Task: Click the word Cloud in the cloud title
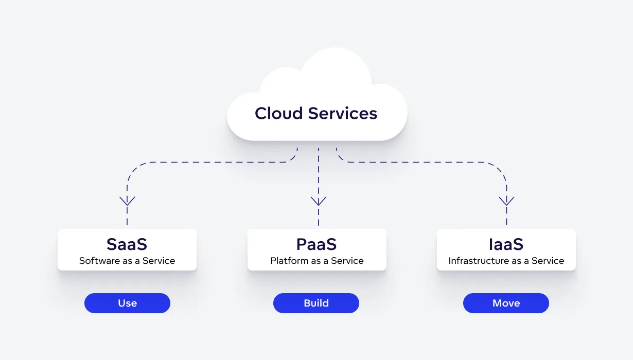(278, 113)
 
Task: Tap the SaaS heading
(127, 243)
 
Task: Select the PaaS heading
(316, 243)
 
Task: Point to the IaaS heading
(506, 243)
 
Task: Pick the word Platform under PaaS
(289, 261)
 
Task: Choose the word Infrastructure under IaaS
(477, 261)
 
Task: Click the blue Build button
(316, 303)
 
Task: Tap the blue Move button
(506, 303)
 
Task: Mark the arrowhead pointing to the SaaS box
(127, 201)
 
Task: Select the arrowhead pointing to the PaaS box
(319, 201)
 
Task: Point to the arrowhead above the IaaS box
(507, 201)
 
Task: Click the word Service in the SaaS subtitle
(159, 261)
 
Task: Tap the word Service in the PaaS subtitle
(347, 261)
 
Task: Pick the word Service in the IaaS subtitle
(548, 261)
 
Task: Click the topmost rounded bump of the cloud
(336, 62)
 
